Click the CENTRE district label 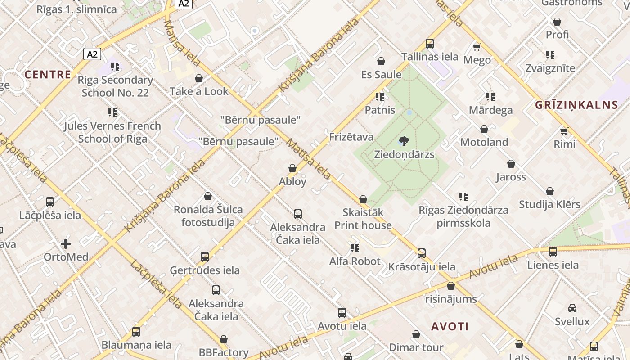click(48, 74)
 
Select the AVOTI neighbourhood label click(450, 326)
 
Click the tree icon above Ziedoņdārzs click(404, 141)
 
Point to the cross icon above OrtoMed click(66, 244)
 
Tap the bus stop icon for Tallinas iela click(430, 44)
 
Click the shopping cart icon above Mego click(477, 47)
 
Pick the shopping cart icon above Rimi click(564, 131)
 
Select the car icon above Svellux click(572, 308)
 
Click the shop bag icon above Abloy click(292, 168)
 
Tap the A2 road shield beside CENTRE click(92, 54)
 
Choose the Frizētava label click(351, 137)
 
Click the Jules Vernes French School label click(112, 132)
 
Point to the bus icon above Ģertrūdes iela click(205, 257)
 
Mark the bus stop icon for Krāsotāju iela click(422, 253)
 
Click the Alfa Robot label click(355, 261)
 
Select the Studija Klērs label click(549, 204)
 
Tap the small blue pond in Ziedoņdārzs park click(409, 112)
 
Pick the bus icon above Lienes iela click(553, 252)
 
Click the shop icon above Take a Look click(199, 79)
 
